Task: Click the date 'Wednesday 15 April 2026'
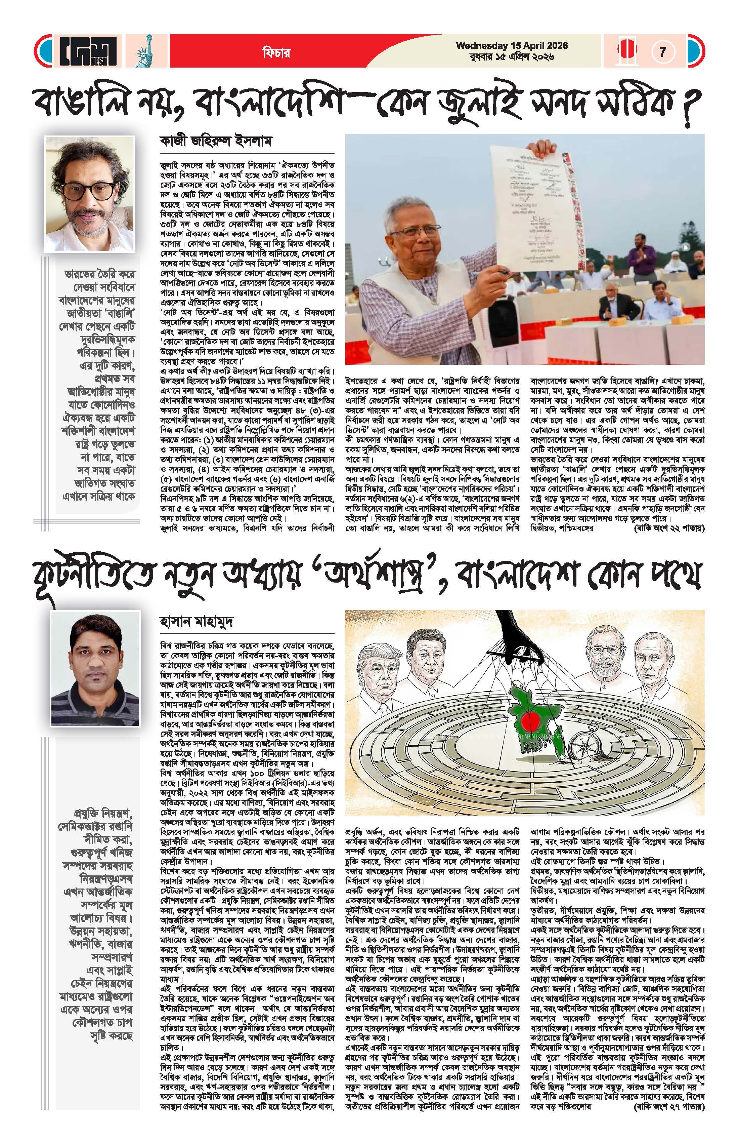tap(512, 46)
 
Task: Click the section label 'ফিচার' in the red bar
tap(276, 52)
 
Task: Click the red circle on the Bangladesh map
tap(527, 719)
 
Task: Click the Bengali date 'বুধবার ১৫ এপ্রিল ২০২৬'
tap(512, 57)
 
